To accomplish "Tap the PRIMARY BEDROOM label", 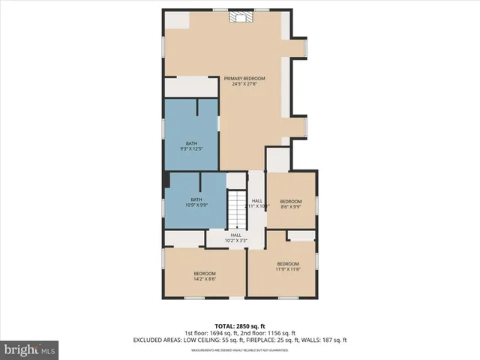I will tap(240, 78).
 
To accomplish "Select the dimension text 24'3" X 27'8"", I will tap(240, 84).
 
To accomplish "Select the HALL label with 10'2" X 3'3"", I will tap(236, 237).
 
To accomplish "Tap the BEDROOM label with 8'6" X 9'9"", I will tap(291, 201).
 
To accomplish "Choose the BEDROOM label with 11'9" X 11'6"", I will tap(288, 264).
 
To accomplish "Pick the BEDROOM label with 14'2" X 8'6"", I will tap(205, 273).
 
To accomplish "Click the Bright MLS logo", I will tap(30, 349).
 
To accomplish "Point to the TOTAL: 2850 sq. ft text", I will tap(239, 325).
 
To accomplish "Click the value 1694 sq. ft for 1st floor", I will tap(227, 332).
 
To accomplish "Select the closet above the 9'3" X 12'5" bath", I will tap(191, 86).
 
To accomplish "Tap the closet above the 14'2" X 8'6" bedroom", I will tap(184, 238).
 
